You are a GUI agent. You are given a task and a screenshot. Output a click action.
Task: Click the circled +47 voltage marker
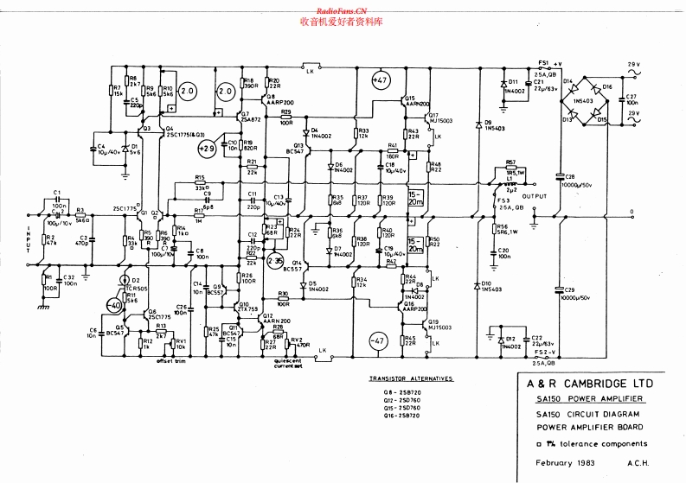381,81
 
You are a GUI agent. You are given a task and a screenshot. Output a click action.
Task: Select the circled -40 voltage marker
112,307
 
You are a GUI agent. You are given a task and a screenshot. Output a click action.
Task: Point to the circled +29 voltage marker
206,149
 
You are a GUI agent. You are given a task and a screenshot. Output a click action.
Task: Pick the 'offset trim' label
170,361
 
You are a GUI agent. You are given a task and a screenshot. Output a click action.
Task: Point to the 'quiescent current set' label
289,361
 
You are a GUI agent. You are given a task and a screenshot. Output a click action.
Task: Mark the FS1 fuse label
543,62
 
